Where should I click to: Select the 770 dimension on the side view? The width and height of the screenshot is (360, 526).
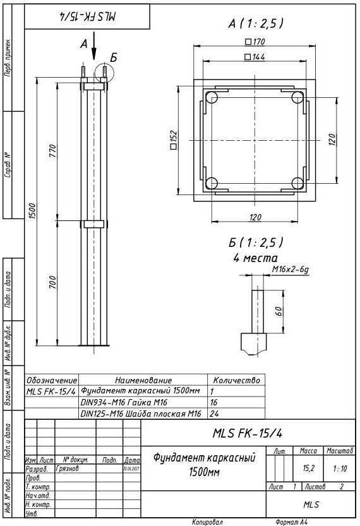pyautogui.click(x=54, y=152)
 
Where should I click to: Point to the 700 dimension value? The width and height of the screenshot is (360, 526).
pyautogui.click(x=54, y=282)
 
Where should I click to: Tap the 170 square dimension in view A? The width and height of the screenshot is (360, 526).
pyautogui.click(x=255, y=42)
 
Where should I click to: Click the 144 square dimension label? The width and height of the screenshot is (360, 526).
pyautogui.click(x=255, y=57)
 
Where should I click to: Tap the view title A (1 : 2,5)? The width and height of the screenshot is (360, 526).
pyautogui.click(x=255, y=23)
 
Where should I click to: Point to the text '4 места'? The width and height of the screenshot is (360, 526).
pyautogui.click(x=255, y=258)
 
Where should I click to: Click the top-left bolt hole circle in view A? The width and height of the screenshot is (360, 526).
pyautogui.click(x=212, y=97)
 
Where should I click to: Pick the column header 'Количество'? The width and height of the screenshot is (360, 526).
pyautogui.click(x=237, y=380)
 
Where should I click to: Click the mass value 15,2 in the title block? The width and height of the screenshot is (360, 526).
pyautogui.click(x=309, y=469)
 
